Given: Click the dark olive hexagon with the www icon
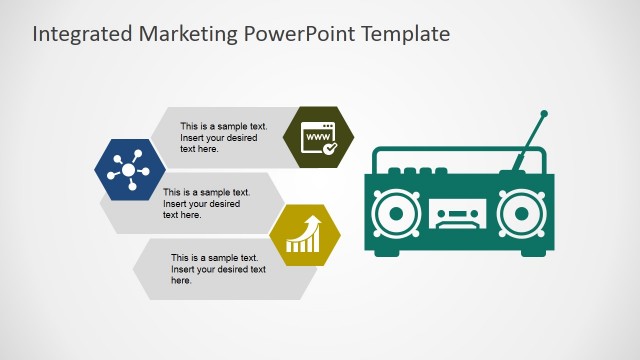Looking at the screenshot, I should point(320,136).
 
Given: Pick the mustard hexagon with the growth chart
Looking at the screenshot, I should point(305,236).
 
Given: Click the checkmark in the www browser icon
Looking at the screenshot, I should point(330,147).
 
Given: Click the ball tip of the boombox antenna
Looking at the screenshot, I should point(544,115).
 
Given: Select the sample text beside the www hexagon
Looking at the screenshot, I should point(224,137).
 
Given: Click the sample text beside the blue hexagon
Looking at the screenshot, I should point(207,203).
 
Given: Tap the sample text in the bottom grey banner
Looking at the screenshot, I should point(218,269).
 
